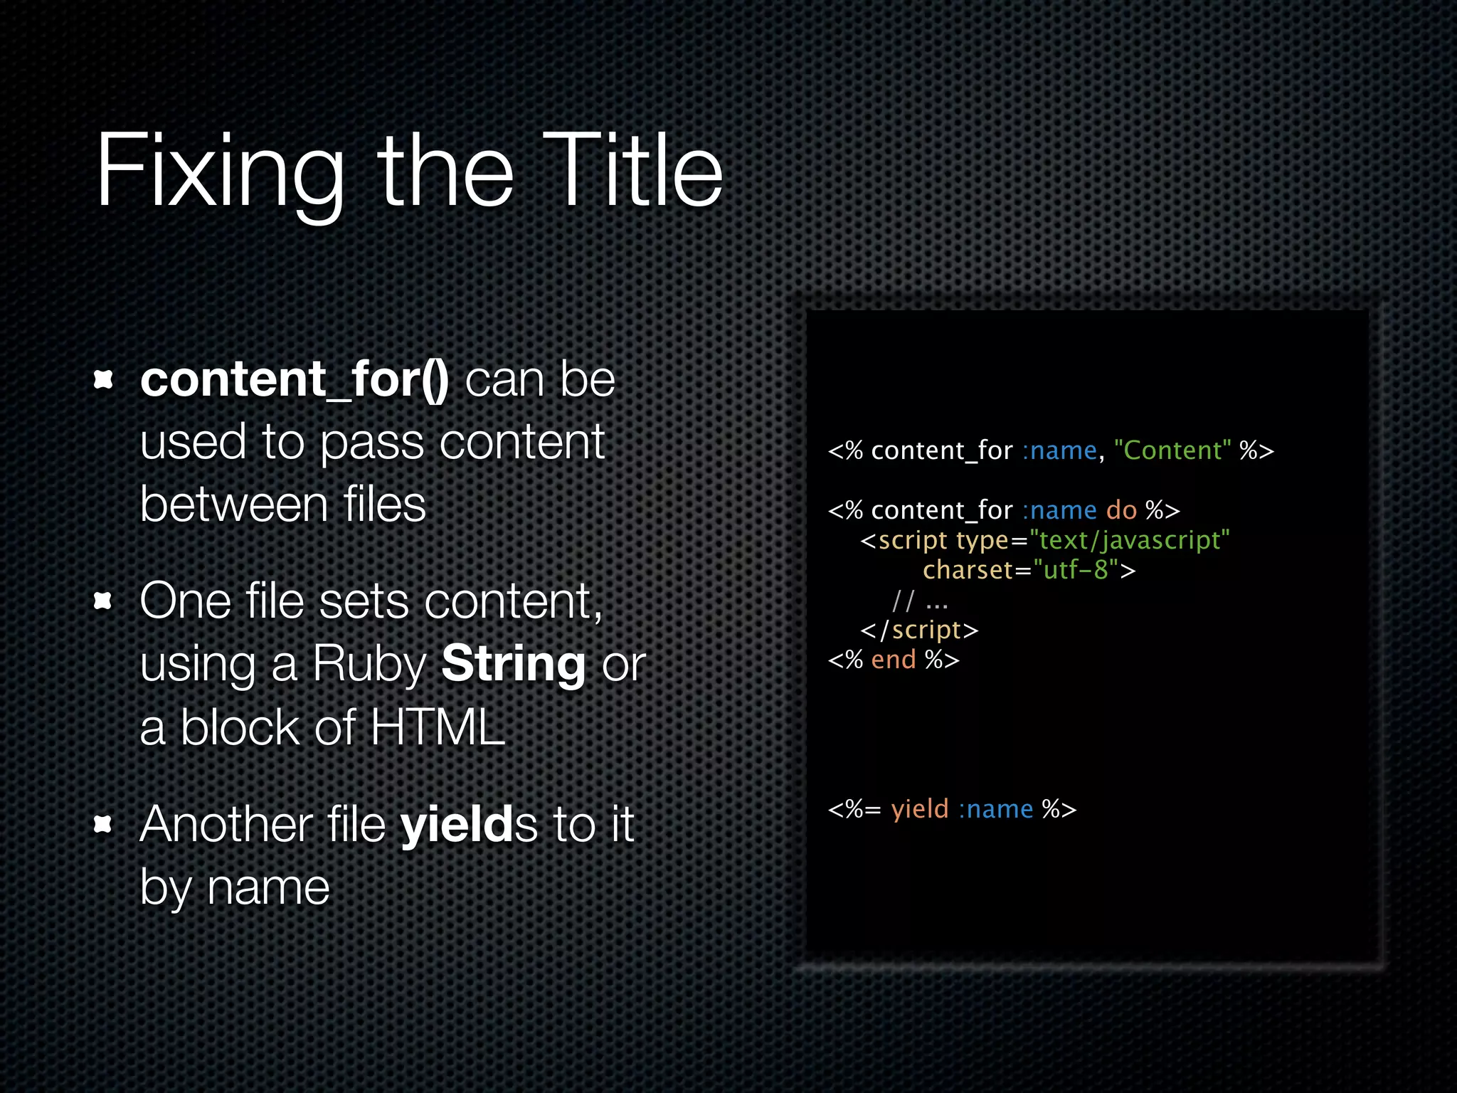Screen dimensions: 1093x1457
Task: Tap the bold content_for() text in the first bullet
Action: [x=294, y=379]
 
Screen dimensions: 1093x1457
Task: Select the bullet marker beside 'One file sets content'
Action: [x=104, y=602]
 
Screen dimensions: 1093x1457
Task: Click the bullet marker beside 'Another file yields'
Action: [x=104, y=824]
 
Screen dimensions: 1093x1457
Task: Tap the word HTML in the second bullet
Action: [x=437, y=727]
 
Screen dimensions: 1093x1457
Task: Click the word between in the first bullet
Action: [x=233, y=505]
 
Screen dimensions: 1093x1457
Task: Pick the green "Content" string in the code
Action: [x=1172, y=450]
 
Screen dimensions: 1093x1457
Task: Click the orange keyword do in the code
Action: [x=1121, y=510]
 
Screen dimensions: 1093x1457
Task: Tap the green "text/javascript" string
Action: [x=1129, y=540]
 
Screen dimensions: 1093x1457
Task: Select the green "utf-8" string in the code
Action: [x=1076, y=570]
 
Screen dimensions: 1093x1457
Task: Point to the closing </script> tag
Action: [x=919, y=630]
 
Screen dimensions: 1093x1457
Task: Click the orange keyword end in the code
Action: [x=893, y=660]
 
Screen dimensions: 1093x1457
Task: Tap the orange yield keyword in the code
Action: [x=920, y=809]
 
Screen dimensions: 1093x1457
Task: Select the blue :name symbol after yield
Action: [x=995, y=809]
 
